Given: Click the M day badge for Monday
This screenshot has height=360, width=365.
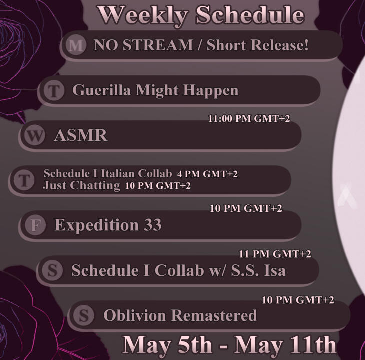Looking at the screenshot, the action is [76, 45].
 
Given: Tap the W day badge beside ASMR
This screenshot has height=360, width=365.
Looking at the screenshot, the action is [35, 135].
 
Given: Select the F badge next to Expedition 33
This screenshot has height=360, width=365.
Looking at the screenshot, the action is [35, 225].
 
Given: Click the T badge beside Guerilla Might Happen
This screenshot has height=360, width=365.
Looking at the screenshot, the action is [54, 90].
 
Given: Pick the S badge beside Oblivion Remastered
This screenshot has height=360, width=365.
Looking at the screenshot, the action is [84, 315].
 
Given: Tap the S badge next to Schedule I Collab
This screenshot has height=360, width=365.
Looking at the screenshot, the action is [52, 270].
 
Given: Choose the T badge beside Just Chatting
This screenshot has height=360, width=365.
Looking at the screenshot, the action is [24, 180].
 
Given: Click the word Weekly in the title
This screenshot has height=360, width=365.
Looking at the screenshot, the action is [143, 15].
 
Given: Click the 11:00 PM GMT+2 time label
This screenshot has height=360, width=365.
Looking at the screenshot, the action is [249, 118].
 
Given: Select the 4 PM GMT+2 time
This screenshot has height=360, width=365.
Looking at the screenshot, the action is [207, 174].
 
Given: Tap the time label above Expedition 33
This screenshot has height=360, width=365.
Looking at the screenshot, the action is [246, 208].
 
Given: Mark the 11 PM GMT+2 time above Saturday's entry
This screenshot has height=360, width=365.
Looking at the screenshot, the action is [275, 254].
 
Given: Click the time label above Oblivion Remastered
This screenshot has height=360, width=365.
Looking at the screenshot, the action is [298, 300].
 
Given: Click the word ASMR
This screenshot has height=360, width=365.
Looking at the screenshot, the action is [81, 135].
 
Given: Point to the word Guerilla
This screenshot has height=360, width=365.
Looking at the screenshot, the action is [101, 90].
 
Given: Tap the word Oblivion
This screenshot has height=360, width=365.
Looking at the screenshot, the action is [134, 315].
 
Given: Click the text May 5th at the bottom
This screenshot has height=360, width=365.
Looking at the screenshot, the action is [167, 345].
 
